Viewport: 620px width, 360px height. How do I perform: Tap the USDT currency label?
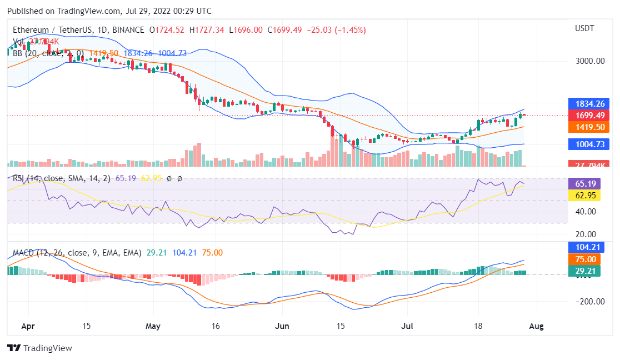pos(585,28)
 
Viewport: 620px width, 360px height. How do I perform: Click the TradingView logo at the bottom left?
pos(39,348)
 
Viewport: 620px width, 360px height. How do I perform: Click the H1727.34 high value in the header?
pos(206,29)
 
